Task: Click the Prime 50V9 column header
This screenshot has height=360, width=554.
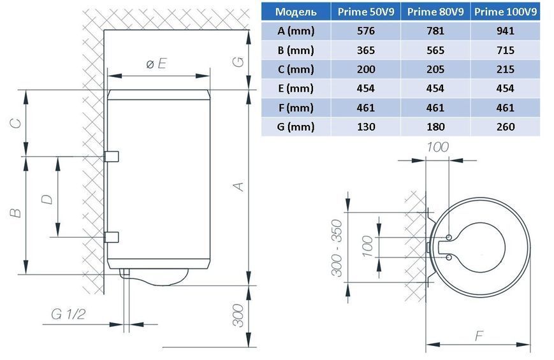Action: coord(366,12)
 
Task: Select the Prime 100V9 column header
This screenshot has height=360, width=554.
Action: coord(506,12)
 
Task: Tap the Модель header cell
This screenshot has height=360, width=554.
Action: coord(296,12)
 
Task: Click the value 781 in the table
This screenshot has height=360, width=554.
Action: coord(435,31)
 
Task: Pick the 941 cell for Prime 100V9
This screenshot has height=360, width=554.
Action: coord(506,31)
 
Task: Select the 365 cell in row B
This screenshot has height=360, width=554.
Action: coord(366,50)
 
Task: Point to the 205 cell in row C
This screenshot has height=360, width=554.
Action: coord(435,69)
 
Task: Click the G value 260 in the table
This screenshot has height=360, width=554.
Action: coord(506,126)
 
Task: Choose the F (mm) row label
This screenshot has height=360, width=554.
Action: coord(296,108)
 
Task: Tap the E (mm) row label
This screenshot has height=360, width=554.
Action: coord(296,89)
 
